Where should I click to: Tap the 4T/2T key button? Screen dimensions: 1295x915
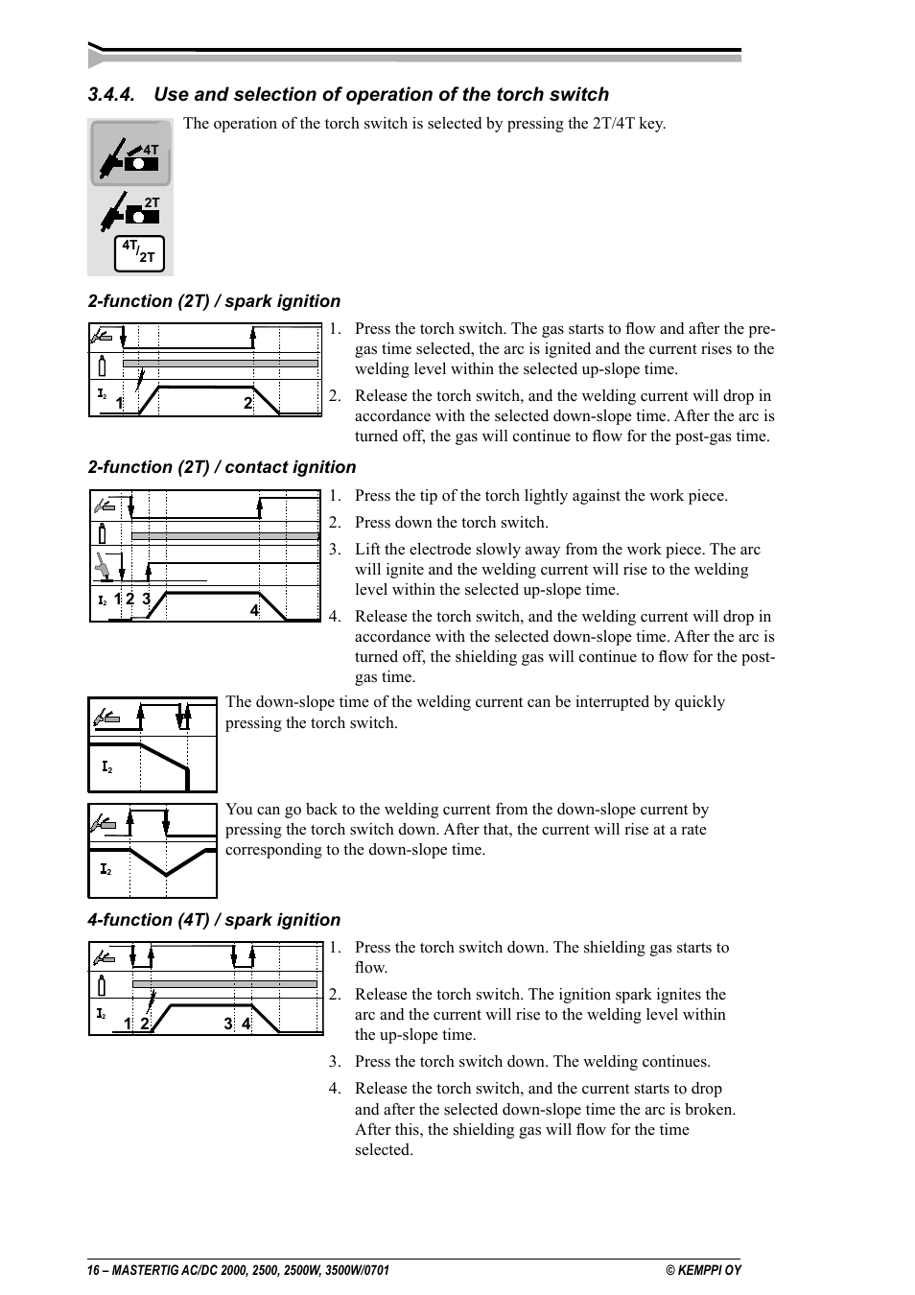(x=139, y=252)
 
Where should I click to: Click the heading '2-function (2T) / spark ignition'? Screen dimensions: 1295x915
(x=214, y=301)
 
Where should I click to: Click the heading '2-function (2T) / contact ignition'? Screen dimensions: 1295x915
(x=222, y=467)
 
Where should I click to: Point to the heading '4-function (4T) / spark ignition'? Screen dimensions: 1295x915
(x=214, y=920)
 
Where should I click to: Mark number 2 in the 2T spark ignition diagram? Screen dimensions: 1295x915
(x=247, y=404)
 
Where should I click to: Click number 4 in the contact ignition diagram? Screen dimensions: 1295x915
(x=254, y=610)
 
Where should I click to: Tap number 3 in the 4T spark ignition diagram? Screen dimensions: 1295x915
(x=228, y=1024)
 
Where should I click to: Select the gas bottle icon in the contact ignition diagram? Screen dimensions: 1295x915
(x=103, y=534)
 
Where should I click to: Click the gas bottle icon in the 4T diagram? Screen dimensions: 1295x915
(x=102, y=985)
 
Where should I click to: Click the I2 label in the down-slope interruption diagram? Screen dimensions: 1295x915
(x=107, y=767)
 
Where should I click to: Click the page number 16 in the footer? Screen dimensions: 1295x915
(x=93, y=1270)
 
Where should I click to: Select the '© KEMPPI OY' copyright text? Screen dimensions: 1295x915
(x=704, y=1270)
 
